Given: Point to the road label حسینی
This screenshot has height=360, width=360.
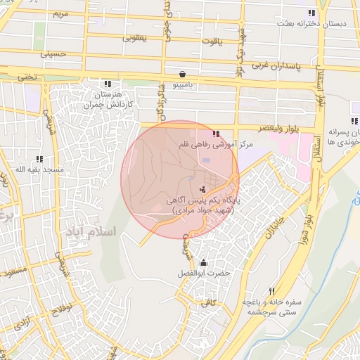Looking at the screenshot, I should pyautogui.click(x=53, y=53).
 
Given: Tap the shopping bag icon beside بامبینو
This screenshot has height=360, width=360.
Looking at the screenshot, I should pyautogui.click(x=183, y=73).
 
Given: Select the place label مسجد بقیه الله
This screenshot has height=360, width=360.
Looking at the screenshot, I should pyautogui.click(x=40, y=169).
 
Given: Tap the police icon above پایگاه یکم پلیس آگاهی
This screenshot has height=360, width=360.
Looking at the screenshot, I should pyautogui.click(x=202, y=188).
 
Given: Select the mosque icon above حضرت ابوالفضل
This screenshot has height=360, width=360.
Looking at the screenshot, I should pyautogui.click(x=204, y=262).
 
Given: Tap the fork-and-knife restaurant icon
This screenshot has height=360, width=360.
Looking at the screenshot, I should pyautogui.click(x=271, y=291).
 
